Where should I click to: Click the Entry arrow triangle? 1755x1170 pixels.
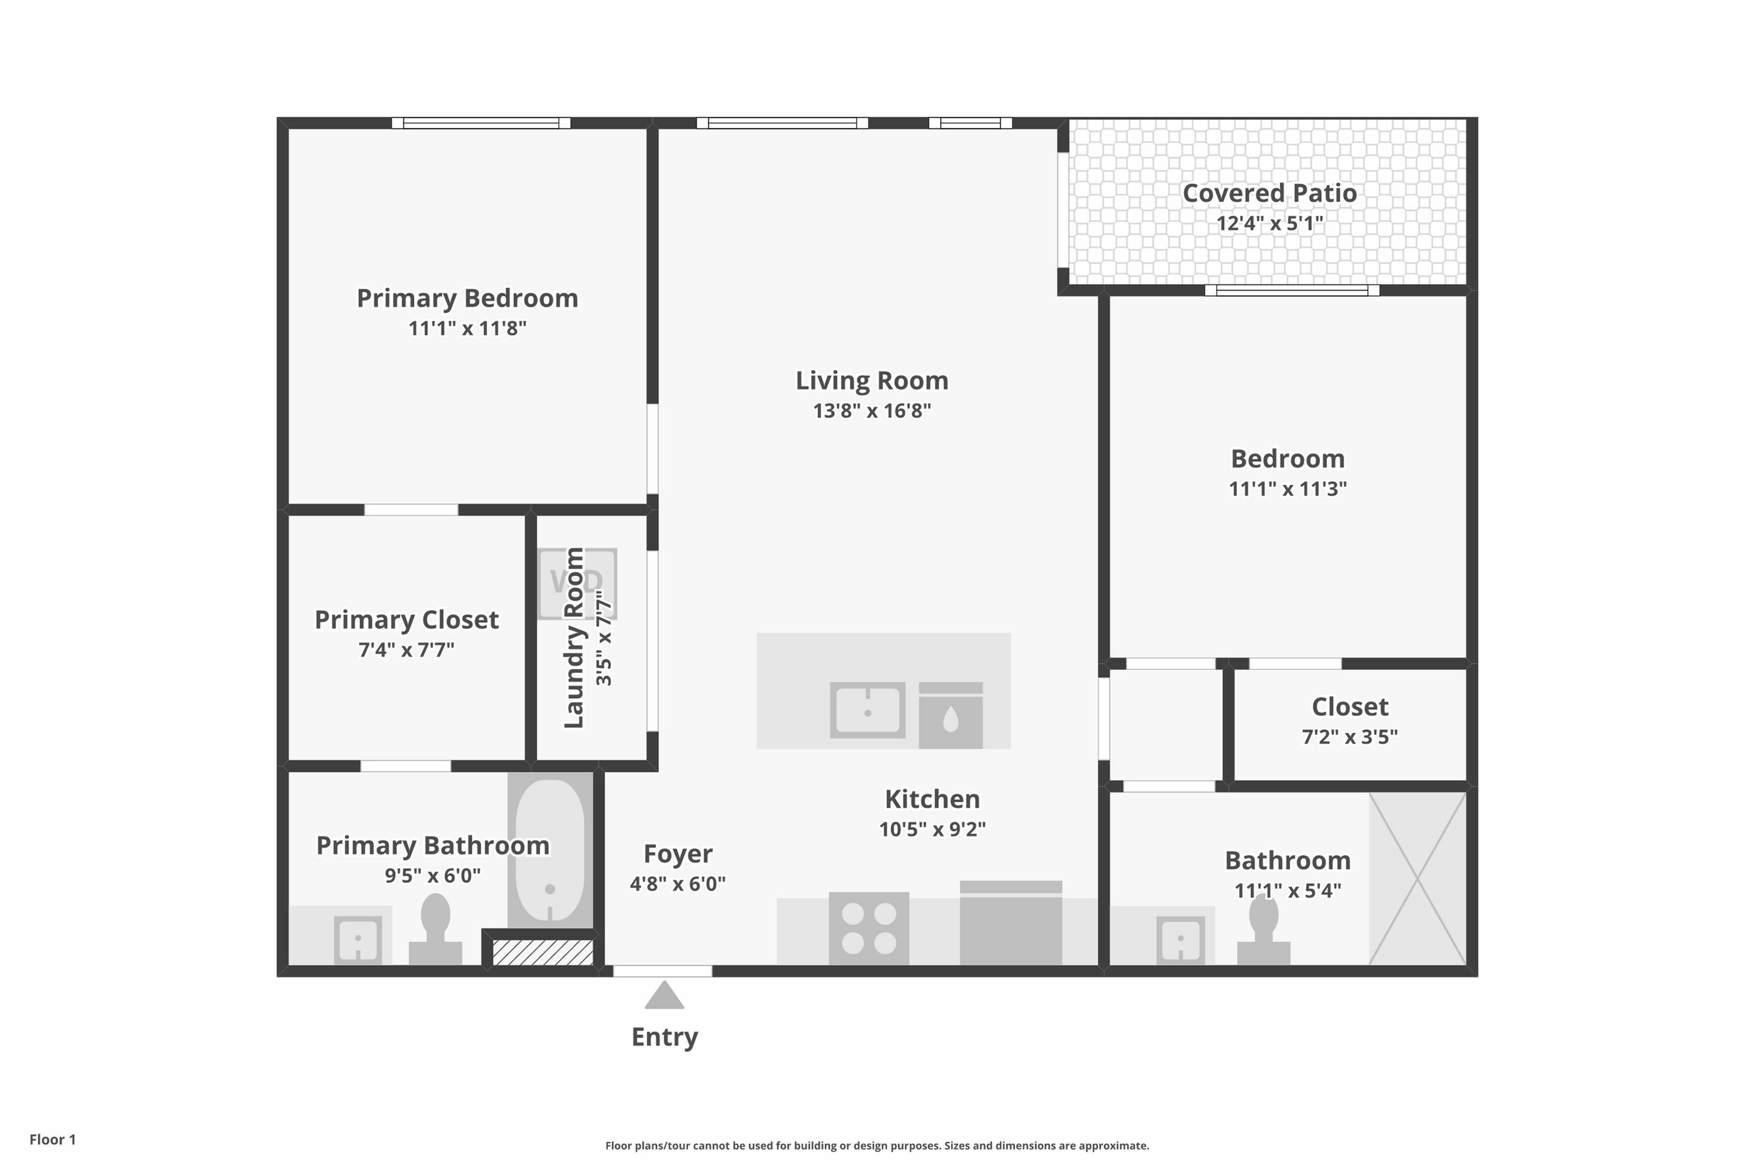(x=664, y=996)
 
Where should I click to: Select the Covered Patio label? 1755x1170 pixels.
(x=1269, y=193)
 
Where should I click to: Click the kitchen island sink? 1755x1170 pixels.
(x=867, y=710)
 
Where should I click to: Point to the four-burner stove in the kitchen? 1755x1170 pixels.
(x=869, y=928)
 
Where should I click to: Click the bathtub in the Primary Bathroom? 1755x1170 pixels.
(x=550, y=851)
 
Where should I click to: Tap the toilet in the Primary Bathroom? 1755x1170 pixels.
(x=435, y=931)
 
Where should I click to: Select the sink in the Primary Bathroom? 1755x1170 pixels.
(x=357, y=940)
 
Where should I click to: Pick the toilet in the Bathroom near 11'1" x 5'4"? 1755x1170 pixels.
(x=1263, y=932)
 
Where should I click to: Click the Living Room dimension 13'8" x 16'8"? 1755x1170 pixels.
(x=872, y=411)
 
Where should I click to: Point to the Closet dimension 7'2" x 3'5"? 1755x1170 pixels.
(x=1349, y=737)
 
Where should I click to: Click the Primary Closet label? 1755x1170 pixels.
(x=406, y=620)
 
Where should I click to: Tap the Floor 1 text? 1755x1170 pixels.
(x=52, y=1140)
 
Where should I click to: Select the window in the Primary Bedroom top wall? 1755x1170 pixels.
(x=481, y=123)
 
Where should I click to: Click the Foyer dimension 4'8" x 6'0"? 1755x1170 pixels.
(x=677, y=884)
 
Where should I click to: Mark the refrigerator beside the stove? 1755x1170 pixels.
(x=1010, y=925)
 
